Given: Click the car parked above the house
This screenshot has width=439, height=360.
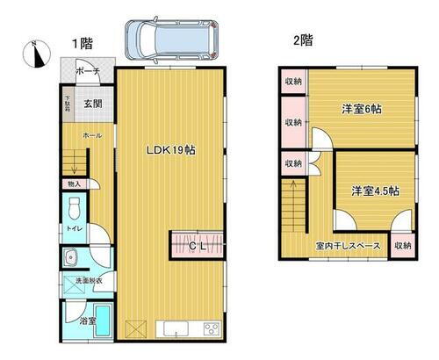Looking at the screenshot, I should (x=169, y=39).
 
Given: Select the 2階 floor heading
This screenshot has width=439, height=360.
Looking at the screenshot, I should (x=302, y=40).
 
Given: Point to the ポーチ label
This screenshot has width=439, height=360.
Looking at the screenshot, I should (x=87, y=71).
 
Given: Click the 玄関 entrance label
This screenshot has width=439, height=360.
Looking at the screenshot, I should (x=93, y=104).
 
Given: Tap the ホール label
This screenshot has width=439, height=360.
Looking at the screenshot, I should (x=92, y=135).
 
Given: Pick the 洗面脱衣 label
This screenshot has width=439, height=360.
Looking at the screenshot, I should (x=86, y=280).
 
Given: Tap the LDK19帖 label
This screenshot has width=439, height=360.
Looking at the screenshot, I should (x=170, y=149).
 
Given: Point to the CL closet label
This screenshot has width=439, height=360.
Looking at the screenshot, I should (x=199, y=247).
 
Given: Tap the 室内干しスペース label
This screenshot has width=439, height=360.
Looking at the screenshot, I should (x=349, y=246).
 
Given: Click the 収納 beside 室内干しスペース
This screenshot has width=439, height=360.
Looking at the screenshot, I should (x=402, y=246).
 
